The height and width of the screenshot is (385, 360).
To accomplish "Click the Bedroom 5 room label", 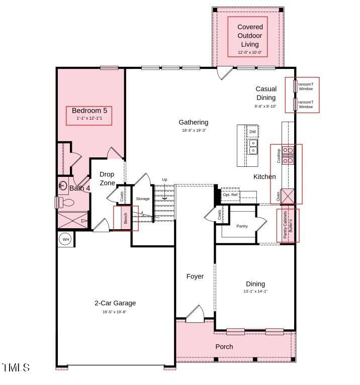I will coord(89,111).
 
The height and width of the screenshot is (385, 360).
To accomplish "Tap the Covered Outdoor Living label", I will coord(250,35).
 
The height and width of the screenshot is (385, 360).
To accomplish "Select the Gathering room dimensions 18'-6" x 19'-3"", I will coord(194,130).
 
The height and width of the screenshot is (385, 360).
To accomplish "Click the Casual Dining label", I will coord(265,93).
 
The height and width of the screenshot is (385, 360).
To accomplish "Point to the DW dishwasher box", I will coord(252,132).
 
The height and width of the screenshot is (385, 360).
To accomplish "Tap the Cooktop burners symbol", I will coord(289,155).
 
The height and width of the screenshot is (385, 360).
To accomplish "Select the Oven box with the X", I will coord(288,195).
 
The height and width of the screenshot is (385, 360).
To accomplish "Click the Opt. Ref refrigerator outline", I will coord(230,195).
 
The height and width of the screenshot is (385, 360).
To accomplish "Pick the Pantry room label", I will coord(242,226).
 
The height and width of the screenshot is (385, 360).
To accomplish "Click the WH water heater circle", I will coord(65,239).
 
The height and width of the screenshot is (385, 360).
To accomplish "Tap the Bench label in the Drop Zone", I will coord(126,218).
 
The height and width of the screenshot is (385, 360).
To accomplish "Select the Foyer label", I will coord(195,276).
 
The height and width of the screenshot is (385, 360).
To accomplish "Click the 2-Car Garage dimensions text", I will coord(115,312).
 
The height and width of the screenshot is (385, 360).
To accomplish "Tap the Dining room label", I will coord(255,284).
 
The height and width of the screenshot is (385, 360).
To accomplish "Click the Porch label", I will coord(224,347).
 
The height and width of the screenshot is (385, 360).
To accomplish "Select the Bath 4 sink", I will coord(63,185).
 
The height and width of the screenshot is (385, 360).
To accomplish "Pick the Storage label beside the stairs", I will coord(143,199).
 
